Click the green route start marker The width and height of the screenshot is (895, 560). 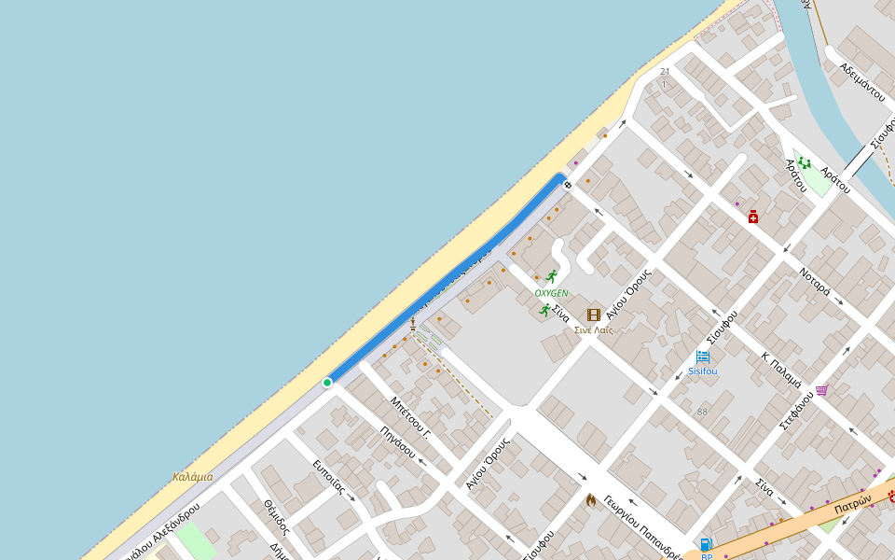click(x=327, y=383)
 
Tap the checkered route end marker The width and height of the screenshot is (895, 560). click(x=567, y=185)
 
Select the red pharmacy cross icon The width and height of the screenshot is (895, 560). click(x=753, y=217)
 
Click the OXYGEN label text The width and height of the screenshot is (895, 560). click(x=551, y=293)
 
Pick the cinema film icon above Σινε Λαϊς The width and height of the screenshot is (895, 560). click(x=594, y=315)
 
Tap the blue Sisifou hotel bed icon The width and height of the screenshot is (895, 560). click(x=703, y=357)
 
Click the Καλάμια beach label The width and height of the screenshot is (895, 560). click(x=192, y=477)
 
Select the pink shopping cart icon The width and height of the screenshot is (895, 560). click(x=821, y=390)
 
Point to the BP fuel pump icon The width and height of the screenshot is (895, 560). click(x=707, y=544)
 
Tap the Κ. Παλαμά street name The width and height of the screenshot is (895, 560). click(x=781, y=370)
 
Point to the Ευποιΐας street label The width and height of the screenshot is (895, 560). click(x=329, y=476)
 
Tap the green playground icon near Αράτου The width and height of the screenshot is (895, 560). click(x=804, y=164)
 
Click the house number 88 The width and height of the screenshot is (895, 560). click(x=702, y=412)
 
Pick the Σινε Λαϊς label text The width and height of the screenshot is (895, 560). click(x=593, y=330)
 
